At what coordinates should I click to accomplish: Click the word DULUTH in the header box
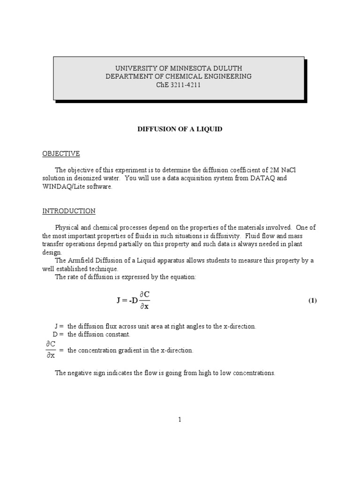[228, 68]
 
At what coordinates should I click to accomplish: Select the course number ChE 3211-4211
[178, 85]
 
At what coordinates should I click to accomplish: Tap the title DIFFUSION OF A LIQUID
[180, 129]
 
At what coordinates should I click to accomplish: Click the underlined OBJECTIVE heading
[61, 154]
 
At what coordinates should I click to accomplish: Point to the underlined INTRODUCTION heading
[69, 211]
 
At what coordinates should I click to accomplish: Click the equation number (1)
[312, 300]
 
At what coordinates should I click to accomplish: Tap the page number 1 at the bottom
[180, 420]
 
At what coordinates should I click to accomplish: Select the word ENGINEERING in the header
[226, 76]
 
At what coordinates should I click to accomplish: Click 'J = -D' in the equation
[127, 300]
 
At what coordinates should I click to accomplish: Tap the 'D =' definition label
[58, 334]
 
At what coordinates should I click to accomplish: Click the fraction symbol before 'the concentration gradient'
[50, 350]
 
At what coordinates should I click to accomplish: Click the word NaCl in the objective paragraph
[290, 170]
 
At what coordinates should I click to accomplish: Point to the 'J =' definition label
[59, 326]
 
